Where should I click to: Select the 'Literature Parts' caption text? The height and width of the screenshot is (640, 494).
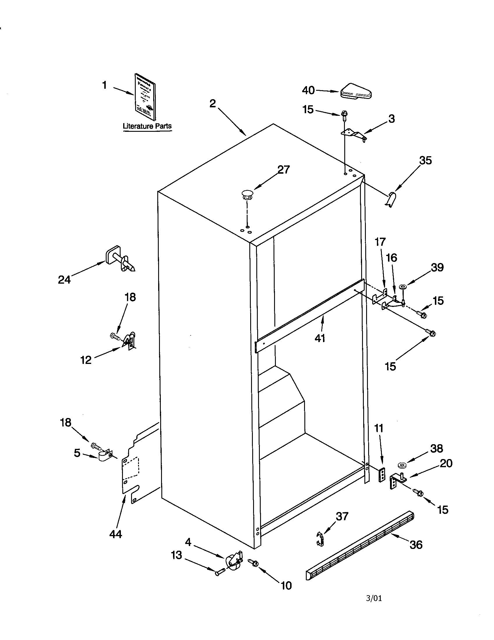pos(147,126)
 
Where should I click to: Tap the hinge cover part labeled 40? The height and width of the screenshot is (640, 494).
pos(356,91)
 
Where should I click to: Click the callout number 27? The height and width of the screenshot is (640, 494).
pos(283,170)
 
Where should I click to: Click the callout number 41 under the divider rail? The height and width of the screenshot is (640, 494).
pos(320,338)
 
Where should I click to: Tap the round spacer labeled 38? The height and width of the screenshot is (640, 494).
pos(402,465)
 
